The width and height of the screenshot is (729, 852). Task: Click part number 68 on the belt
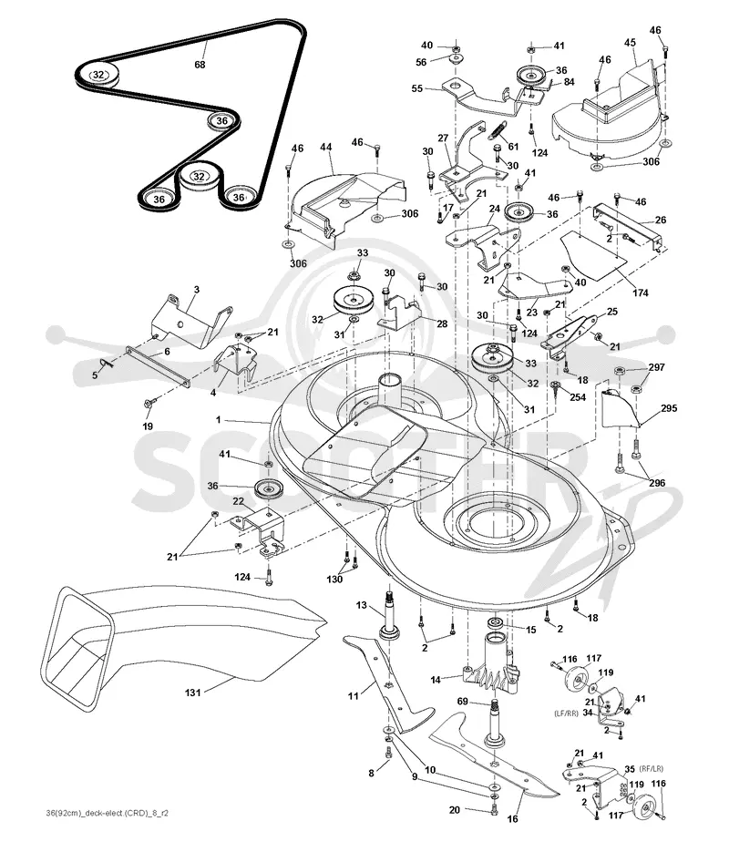pyautogui.click(x=200, y=65)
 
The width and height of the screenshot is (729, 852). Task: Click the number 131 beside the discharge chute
pyautogui.click(x=193, y=693)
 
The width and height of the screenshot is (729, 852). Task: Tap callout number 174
pyautogui.click(x=641, y=293)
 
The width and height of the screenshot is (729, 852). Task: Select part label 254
pyautogui.click(x=578, y=397)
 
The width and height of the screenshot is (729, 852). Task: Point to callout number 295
pyautogui.click(x=669, y=408)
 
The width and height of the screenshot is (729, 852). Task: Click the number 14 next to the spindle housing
pyautogui.click(x=436, y=679)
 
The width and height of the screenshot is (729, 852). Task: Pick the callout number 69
pyautogui.click(x=462, y=702)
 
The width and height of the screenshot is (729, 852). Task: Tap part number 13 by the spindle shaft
pyautogui.click(x=362, y=605)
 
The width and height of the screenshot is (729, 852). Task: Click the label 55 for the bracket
pyautogui.click(x=416, y=88)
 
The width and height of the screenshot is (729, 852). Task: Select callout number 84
pyautogui.click(x=569, y=82)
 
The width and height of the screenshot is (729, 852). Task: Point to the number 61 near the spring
pyautogui.click(x=513, y=146)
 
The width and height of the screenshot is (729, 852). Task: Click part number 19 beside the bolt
pyautogui.click(x=148, y=426)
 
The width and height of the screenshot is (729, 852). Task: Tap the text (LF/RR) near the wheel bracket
pyautogui.click(x=566, y=713)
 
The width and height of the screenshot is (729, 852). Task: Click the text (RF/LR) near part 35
pyautogui.click(x=651, y=769)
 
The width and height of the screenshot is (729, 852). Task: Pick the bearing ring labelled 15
pyautogui.click(x=495, y=623)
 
